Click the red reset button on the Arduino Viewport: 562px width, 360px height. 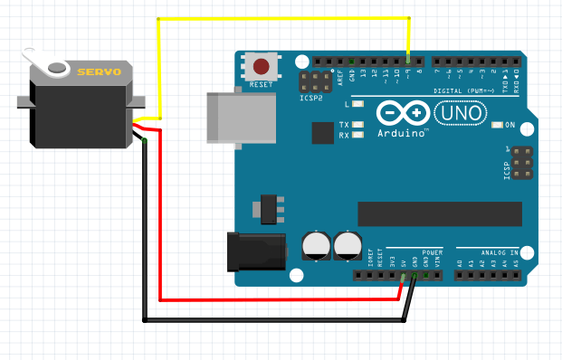[262, 66]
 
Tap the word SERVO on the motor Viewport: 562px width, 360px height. [98, 71]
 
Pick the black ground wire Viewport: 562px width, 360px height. [271, 319]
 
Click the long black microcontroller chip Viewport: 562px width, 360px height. [440, 213]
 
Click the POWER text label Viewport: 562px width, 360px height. [433, 252]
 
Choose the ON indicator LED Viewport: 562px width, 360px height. [498, 125]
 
